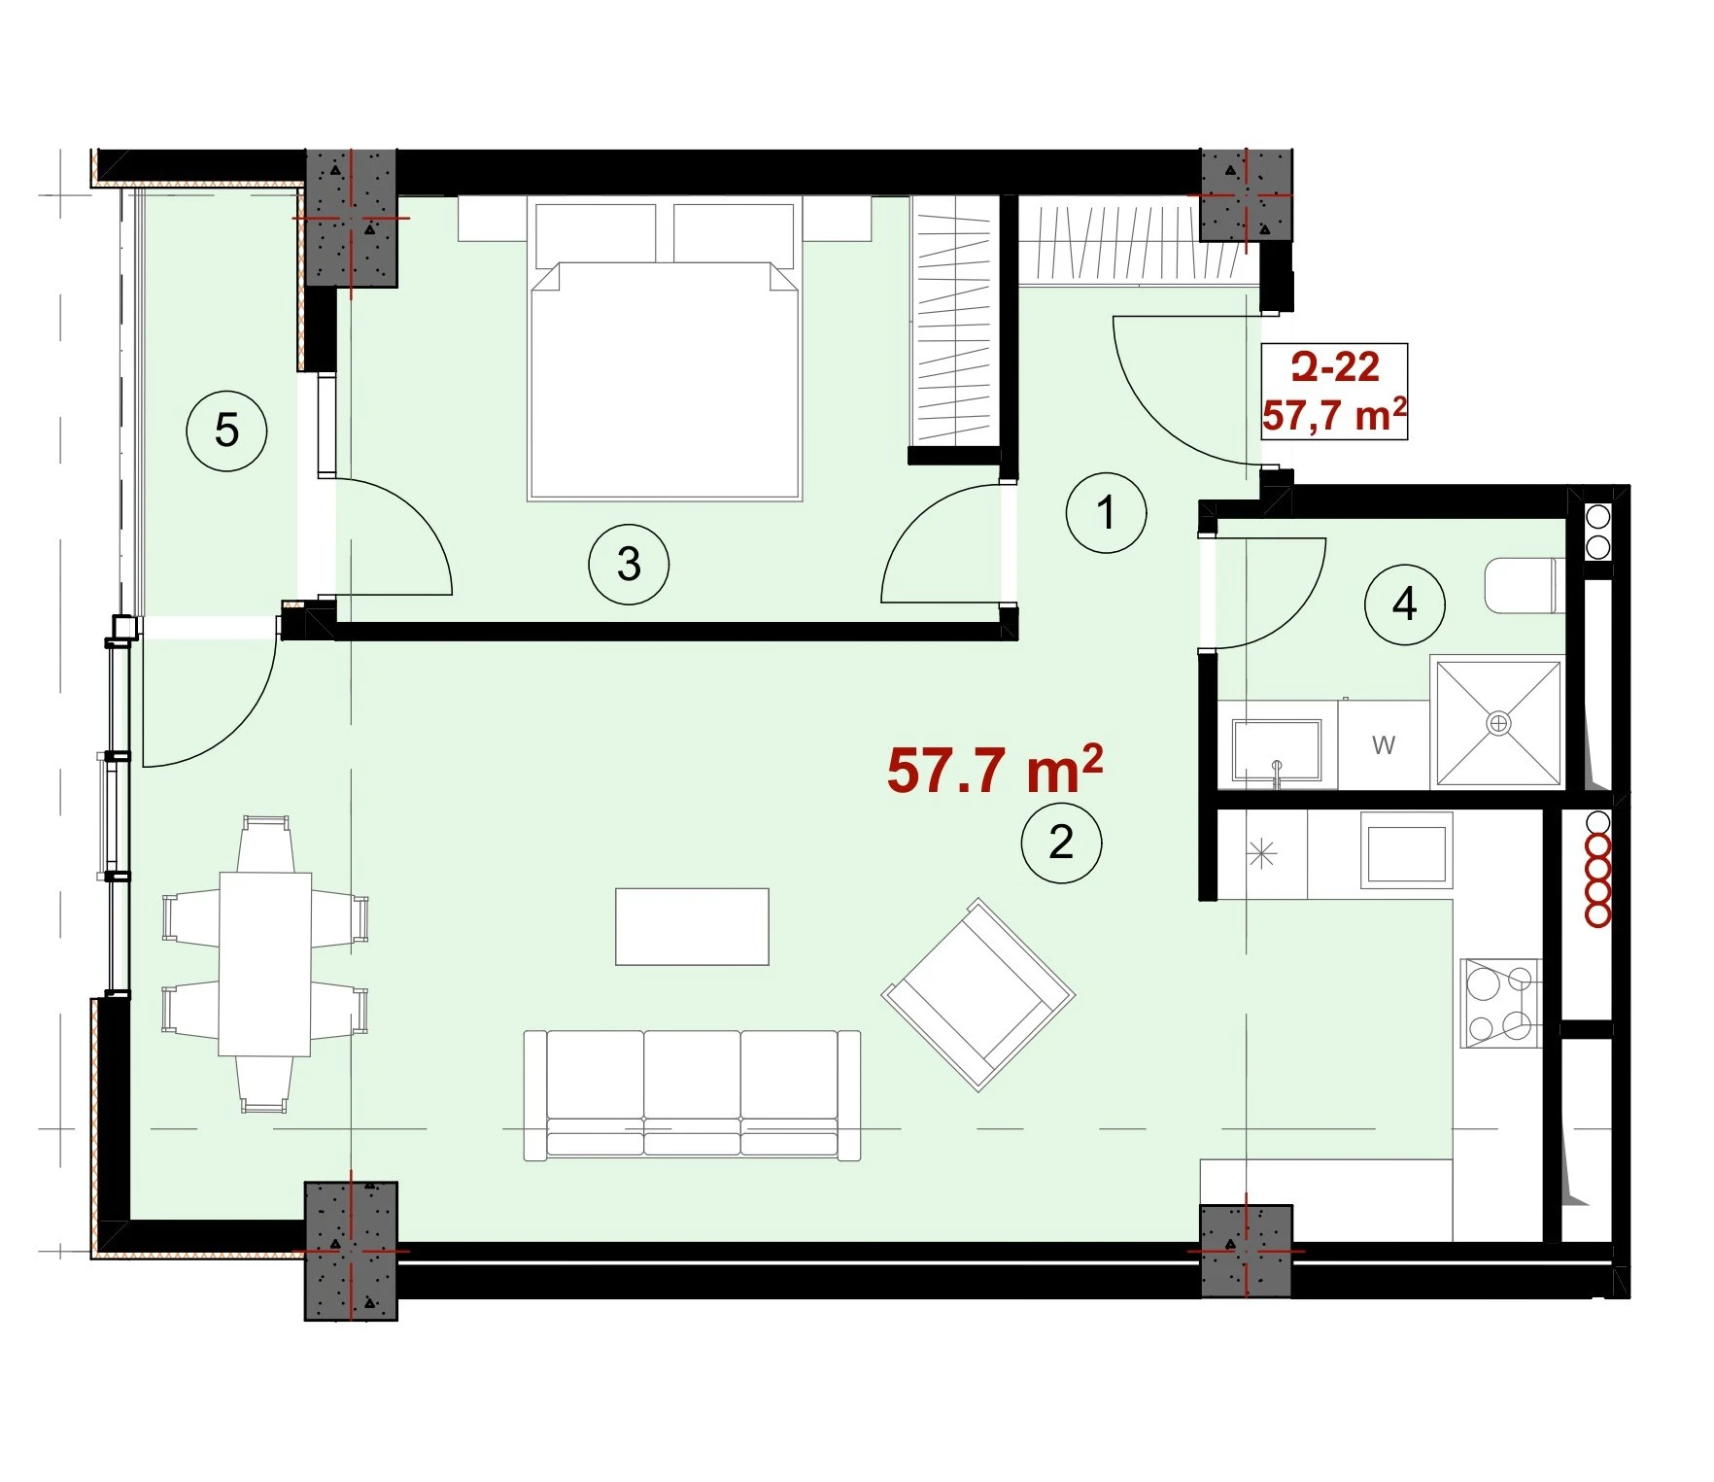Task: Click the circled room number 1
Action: [1106, 512]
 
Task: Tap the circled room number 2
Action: [1061, 842]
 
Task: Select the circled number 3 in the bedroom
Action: [629, 564]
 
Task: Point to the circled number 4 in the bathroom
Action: [1404, 604]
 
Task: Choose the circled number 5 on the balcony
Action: [226, 430]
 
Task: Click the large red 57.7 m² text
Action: [995, 769]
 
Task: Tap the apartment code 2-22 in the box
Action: [1335, 367]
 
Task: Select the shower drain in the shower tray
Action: [1499, 723]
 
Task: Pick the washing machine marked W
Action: [1384, 745]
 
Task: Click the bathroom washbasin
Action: [1277, 749]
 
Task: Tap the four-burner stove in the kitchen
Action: [1500, 1003]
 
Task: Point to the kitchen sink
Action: [1406, 851]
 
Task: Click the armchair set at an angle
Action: [978, 994]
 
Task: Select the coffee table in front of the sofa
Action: [692, 926]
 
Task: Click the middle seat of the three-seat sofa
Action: [692, 1093]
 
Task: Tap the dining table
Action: [264, 963]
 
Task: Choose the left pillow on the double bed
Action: [595, 233]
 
